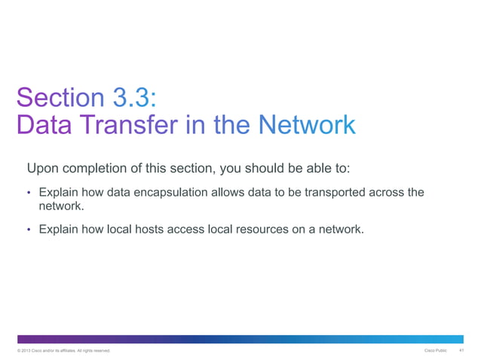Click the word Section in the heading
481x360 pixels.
point(60,98)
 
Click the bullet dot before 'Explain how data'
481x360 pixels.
point(29,193)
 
